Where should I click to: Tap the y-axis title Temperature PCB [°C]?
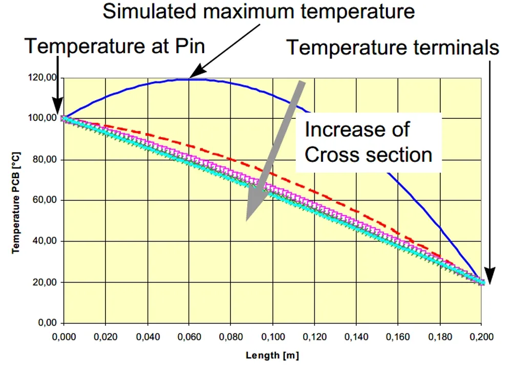(16, 201)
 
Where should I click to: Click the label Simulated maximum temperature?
(259, 11)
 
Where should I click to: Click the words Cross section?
(368, 154)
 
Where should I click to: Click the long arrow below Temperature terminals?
(490, 169)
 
